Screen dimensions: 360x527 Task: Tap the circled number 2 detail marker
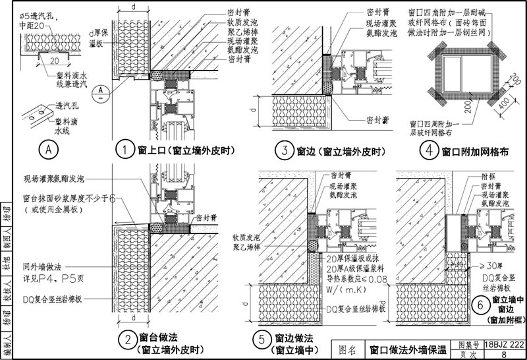click(x=125, y=341)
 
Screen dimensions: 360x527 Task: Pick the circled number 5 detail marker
click(x=262, y=340)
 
